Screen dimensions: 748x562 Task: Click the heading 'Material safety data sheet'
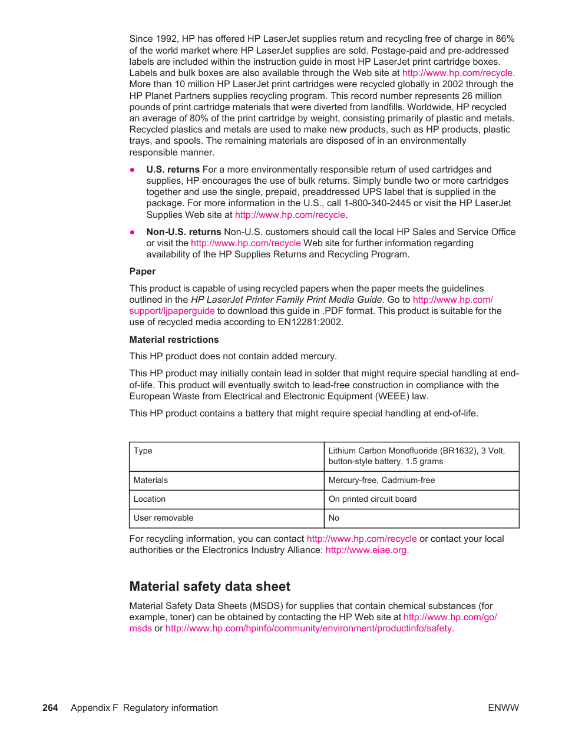click(x=210, y=587)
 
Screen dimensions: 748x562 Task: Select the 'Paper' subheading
click(x=143, y=272)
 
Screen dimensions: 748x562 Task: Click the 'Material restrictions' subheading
click(x=174, y=340)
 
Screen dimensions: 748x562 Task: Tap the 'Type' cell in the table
click(x=143, y=451)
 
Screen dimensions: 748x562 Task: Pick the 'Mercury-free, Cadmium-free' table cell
click(x=382, y=481)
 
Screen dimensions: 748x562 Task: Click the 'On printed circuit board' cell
click(x=372, y=499)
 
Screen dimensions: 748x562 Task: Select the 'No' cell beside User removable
click(x=334, y=518)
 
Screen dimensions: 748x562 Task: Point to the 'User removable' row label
click(x=163, y=518)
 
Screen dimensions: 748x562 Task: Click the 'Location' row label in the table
click(x=150, y=499)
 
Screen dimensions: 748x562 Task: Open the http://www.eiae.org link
click(x=366, y=550)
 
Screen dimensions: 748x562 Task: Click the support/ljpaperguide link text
click(x=172, y=311)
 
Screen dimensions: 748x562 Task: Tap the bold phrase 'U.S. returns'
click(x=173, y=170)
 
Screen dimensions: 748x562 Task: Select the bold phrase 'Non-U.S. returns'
click(x=184, y=232)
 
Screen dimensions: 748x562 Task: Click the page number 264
click(x=50, y=708)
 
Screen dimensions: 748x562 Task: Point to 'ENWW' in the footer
click(x=503, y=708)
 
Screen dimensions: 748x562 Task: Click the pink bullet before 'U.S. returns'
click(x=133, y=170)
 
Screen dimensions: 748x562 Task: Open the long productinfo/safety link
click(x=308, y=628)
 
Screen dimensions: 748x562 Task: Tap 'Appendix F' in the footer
click(x=94, y=708)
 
